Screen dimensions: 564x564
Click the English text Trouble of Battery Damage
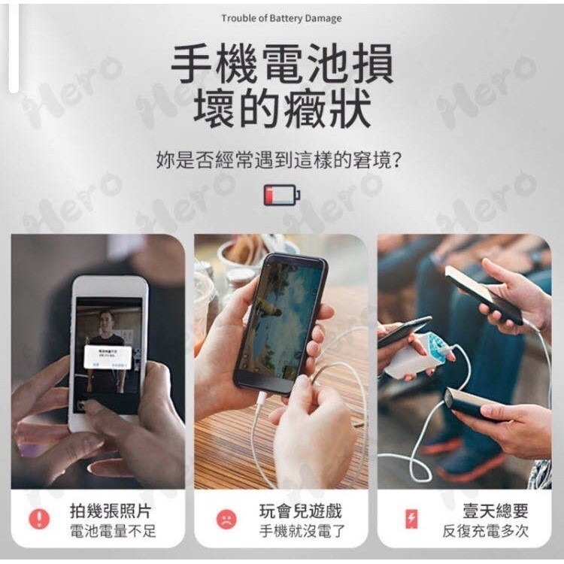pyautogui.click(x=281, y=18)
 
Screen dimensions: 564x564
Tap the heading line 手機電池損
pyautogui.click(x=282, y=64)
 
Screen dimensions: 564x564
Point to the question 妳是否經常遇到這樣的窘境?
pyautogui.click(x=282, y=159)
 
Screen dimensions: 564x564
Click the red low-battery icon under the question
pyautogui.click(x=281, y=195)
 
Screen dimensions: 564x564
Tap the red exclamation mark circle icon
pyautogui.click(x=39, y=518)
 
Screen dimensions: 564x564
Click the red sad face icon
pyautogui.click(x=226, y=518)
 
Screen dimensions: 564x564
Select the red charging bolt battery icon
pyautogui.click(x=411, y=518)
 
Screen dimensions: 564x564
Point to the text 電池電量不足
pyautogui.click(x=113, y=532)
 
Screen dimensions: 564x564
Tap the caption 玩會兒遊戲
pyautogui.click(x=301, y=511)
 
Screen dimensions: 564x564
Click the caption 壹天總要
pyautogui.click(x=496, y=511)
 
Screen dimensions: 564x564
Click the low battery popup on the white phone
pyautogui.click(x=108, y=356)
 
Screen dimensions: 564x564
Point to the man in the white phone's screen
pyautogui.click(x=107, y=331)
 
